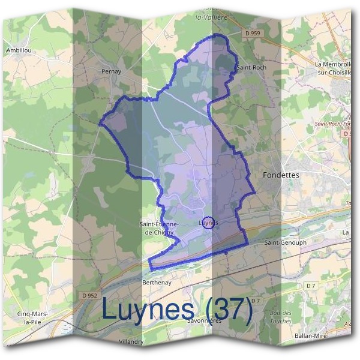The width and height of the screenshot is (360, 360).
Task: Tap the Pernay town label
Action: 112,71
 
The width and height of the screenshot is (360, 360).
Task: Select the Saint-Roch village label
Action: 251,67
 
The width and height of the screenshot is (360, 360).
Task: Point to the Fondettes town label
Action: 281,175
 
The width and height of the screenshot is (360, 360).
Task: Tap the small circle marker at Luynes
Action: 208,222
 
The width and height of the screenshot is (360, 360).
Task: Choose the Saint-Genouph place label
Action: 286,243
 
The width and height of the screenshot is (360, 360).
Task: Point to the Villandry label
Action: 131,341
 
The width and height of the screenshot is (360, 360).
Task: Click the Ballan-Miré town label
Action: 310,337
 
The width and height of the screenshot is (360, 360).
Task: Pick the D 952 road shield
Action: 89,295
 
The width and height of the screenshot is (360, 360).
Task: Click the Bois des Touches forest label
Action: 281,317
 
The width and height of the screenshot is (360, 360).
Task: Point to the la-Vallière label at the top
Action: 210,17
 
